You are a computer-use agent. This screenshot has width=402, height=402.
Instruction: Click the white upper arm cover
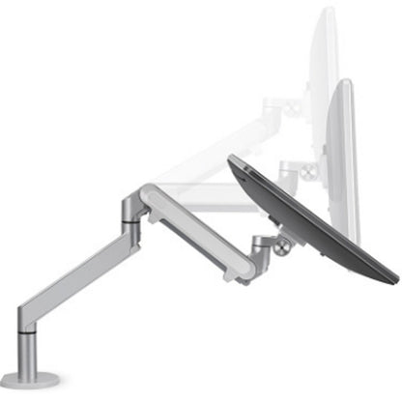tap(193, 226)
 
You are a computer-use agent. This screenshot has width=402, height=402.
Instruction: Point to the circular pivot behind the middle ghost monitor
tap(308, 171)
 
